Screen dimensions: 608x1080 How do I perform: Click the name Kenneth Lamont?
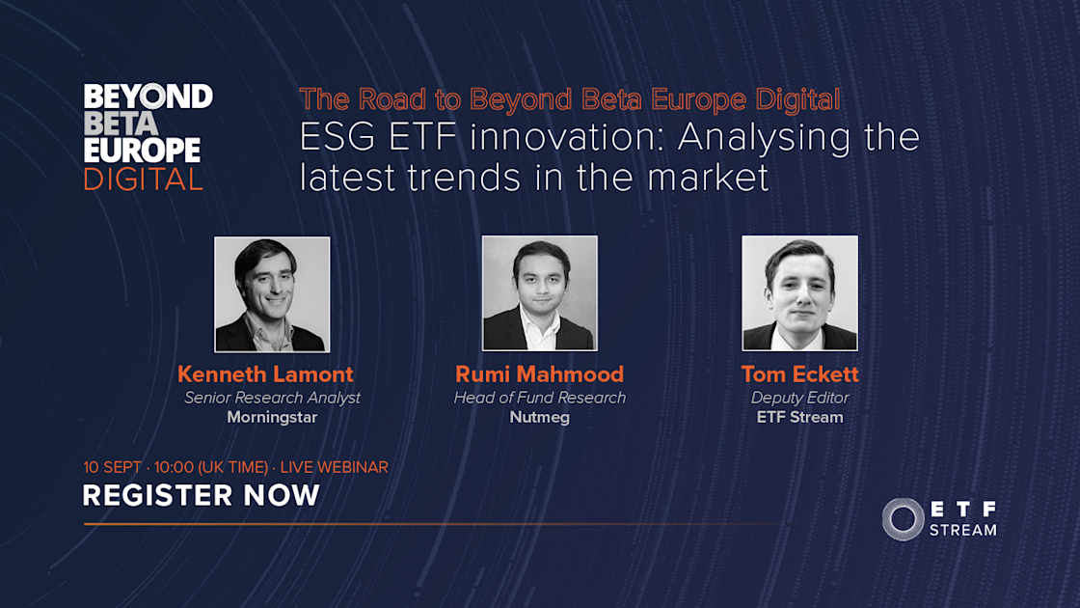coord(265,374)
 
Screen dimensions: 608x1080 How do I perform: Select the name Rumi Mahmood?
coord(540,374)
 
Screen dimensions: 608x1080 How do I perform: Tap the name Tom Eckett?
coord(799,374)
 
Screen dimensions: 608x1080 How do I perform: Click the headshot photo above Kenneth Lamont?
coord(272,293)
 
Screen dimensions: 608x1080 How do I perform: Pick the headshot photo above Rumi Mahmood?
coord(540,293)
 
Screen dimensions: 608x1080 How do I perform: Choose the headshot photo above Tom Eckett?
coord(799,293)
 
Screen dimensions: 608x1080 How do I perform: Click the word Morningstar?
coord(272,418)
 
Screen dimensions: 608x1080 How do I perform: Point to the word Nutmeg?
coord(540,418)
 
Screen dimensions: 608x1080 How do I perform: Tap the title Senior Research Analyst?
coord(272,398)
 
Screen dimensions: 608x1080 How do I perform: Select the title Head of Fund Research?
coord(540,398)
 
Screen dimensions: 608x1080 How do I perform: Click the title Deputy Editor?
coord(799,398)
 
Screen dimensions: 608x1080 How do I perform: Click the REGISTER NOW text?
coord(201,496)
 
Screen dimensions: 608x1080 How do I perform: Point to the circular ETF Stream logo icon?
coord(903,519)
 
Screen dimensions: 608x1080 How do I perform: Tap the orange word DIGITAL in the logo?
coord(143,180)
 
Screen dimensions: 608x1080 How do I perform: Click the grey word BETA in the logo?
coord(121,124)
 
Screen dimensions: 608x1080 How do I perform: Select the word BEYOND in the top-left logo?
coord(148,97)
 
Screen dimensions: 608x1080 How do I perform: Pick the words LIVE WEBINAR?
coord(334,467)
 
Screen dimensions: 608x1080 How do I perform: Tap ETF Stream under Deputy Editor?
coord(799,418)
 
